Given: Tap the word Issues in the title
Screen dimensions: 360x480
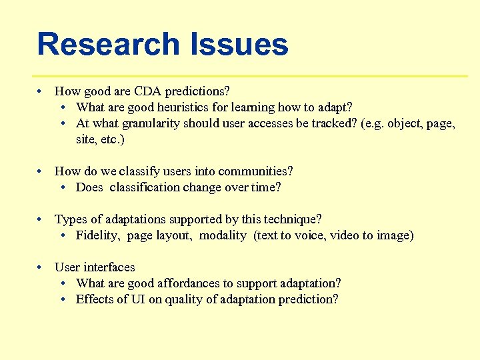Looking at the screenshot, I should (x=239, y=45).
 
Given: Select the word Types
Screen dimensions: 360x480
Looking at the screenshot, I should (x=69, y=219).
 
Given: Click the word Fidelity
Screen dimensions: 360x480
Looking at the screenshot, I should (x=97, y=235).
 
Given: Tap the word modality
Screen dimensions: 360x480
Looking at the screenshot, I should (x=223, y=235).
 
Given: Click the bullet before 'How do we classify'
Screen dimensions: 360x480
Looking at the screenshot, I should (x=41, y=171).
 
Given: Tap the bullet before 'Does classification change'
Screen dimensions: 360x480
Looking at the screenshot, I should (x=62, y=187).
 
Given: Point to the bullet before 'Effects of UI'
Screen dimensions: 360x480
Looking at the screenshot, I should (x=62, y=299).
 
